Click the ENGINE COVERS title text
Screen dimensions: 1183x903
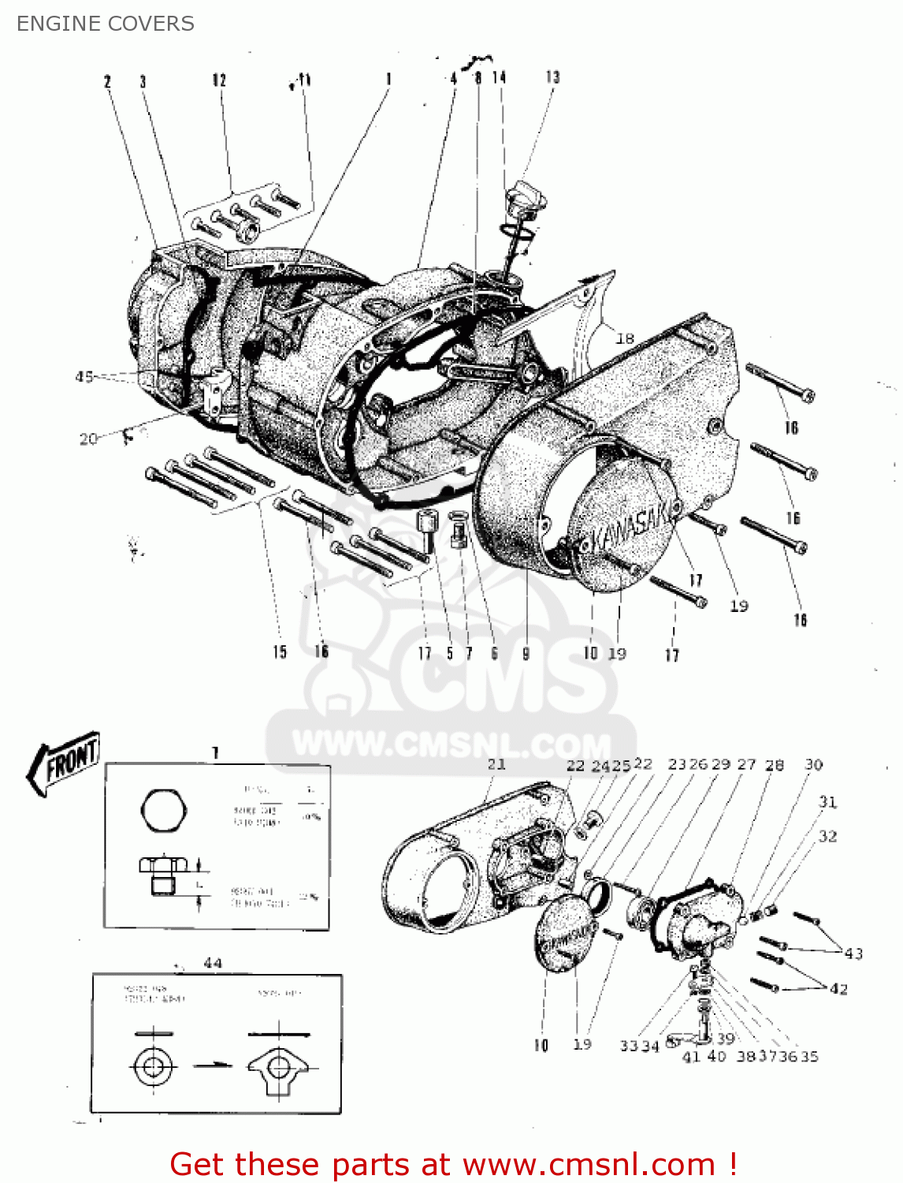[x=105, y=24]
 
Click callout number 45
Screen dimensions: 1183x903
[x=84, y=377]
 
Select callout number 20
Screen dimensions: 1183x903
[x=88, y=438]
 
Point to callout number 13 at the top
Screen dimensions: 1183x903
[x=552, y=77]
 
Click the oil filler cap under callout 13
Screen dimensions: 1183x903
[x=526, y=196]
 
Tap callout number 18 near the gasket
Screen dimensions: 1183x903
[x=625, y=338]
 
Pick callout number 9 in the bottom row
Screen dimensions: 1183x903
[x=526, y=653]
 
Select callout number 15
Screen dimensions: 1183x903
[x=280, y=652]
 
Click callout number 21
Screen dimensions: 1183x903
[x=496, y=764]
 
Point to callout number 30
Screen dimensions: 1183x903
[x=813, y=764]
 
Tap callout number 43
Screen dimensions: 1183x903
[x=853, y=953]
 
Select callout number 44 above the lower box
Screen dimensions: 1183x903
[x=213, y=963]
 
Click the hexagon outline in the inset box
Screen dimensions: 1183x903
[x=164, y=809]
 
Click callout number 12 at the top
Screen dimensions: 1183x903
[x=219, y=80]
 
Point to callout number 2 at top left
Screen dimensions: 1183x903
[x=107, y=81]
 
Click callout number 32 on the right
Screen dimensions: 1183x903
[x=827, y=836]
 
